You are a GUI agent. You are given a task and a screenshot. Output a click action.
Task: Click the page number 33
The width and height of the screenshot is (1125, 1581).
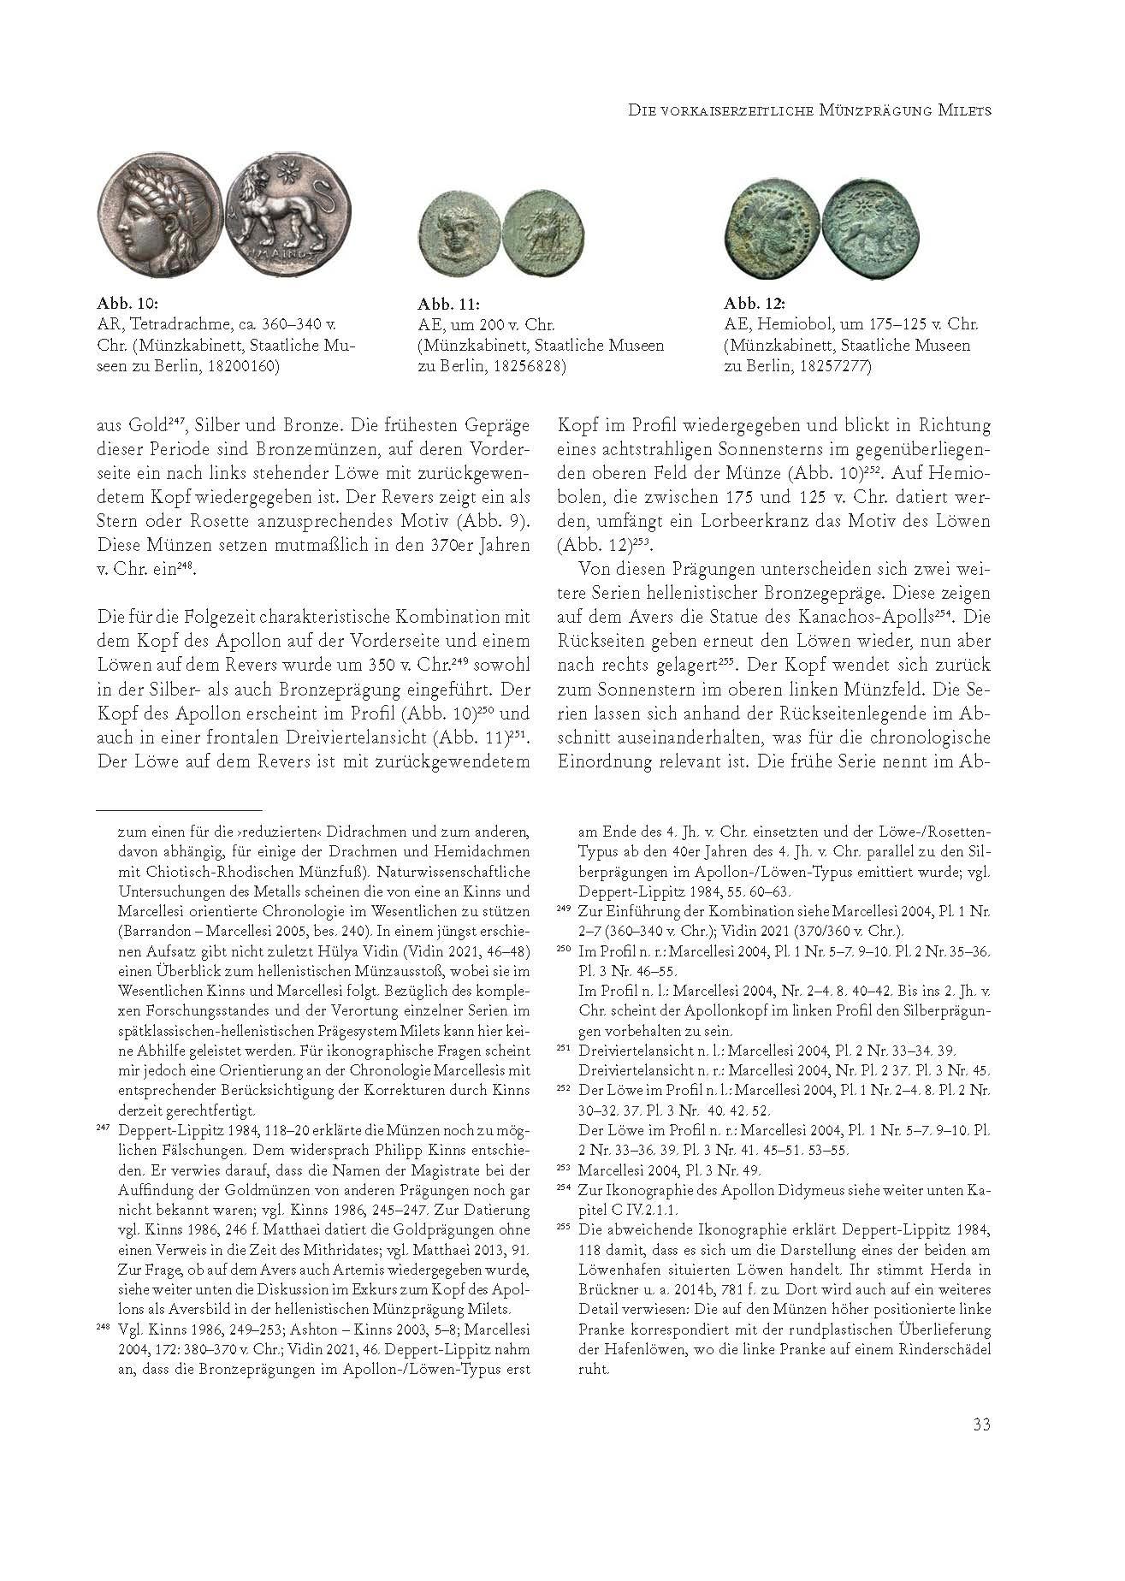981,1424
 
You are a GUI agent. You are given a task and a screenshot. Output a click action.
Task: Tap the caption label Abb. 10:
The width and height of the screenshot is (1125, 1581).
128,304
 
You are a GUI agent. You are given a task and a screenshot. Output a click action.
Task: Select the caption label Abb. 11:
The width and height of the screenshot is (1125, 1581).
448,304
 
